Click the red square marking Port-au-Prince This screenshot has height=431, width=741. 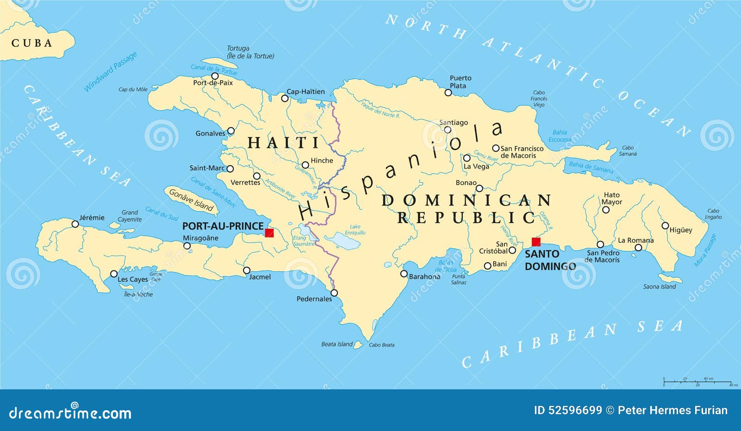269,233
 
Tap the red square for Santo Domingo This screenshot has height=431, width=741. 536,242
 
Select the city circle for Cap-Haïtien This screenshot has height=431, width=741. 285,98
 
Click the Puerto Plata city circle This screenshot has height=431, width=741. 448,93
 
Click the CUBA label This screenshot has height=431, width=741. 32,43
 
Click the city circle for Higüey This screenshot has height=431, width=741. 665,226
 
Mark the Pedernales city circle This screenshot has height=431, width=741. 334,293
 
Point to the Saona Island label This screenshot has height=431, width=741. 659,287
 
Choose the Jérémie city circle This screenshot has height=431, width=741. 75,224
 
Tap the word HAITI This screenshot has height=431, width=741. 283,143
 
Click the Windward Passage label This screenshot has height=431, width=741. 110,72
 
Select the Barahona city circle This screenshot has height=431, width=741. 404,274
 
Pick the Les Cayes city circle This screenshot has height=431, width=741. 114,274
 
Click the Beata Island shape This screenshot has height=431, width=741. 358,344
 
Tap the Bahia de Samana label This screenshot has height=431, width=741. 590,167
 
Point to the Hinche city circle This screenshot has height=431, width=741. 305,165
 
